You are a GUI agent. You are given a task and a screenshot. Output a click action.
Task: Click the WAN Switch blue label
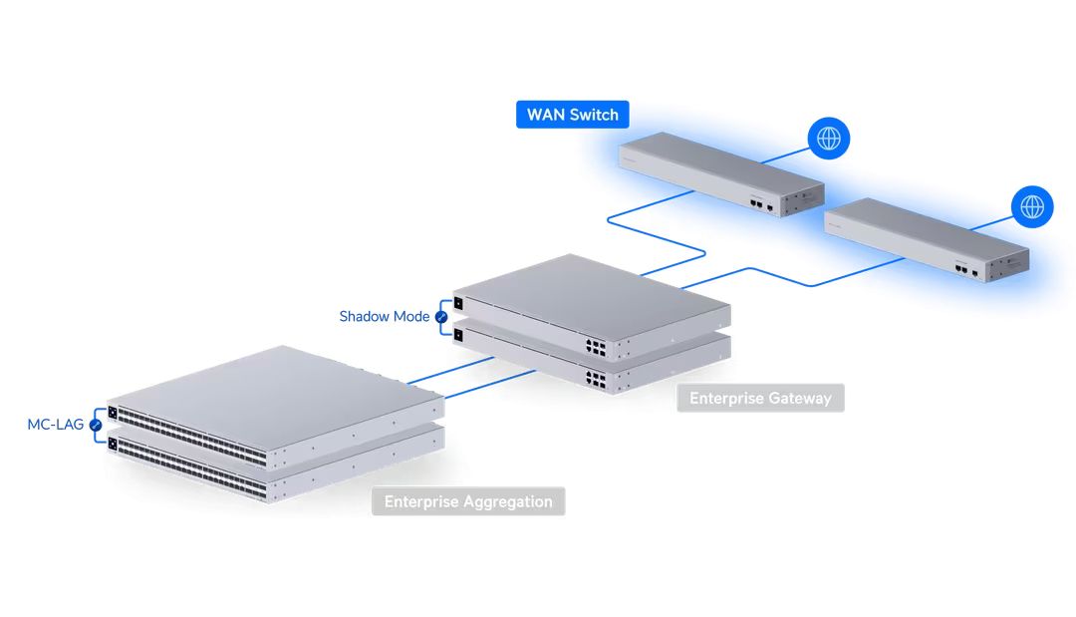click(x=573, y=115)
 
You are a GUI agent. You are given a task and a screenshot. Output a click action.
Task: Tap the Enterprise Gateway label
click(x=760, y=399)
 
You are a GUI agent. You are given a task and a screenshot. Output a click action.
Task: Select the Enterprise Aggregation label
click(x=467, y=501)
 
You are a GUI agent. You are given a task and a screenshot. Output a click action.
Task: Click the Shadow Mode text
click(x=384, y=317)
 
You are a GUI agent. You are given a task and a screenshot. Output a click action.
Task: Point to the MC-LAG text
click(x=55, y=425)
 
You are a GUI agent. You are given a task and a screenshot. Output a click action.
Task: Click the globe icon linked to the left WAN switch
click(x=829, y=138)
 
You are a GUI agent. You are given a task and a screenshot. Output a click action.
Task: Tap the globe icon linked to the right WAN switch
click(x=1032, y=206)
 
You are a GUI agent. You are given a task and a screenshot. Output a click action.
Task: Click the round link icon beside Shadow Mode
click(x=441, y=317)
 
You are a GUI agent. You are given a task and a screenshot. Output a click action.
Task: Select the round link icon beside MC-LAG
click(x=96, y=425)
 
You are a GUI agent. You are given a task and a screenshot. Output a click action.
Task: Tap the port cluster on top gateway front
click(x=596, y=347)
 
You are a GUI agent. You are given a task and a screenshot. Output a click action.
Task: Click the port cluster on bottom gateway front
click(x=596, y=379)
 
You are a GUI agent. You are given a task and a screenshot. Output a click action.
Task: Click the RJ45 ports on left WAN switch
click(x=758, y=201)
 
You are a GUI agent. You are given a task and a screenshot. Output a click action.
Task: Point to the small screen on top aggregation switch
click(x=113, y=413)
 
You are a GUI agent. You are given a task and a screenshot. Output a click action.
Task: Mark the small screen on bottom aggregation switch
click(x=113, y=444)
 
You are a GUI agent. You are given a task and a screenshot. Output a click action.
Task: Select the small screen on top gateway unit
click(x=458, y=303)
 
